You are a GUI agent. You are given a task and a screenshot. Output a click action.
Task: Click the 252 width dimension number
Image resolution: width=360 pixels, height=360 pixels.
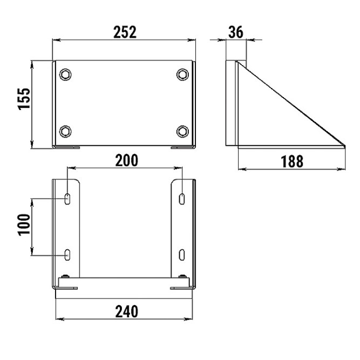(125, 32)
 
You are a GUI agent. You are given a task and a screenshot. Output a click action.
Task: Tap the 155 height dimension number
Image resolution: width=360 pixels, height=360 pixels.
(24, 99)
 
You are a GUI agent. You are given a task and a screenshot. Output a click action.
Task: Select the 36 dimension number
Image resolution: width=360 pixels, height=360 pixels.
(235, 32)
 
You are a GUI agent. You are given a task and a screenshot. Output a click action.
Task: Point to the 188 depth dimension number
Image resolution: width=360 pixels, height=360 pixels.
(292, 161)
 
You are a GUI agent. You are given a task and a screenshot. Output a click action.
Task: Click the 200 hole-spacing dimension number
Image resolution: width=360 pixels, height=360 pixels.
(127, 160)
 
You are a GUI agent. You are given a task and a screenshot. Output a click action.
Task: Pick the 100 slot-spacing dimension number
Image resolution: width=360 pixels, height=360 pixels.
(24, 225)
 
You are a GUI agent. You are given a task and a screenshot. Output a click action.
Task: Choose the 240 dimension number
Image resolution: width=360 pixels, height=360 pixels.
(127, 311)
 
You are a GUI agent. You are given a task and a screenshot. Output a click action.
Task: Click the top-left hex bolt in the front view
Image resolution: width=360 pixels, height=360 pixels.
(65, 74)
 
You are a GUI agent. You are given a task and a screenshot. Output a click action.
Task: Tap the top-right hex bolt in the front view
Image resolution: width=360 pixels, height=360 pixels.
(183, 74)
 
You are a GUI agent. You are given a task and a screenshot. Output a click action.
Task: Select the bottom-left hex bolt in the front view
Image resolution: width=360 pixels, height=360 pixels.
(65, 132)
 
